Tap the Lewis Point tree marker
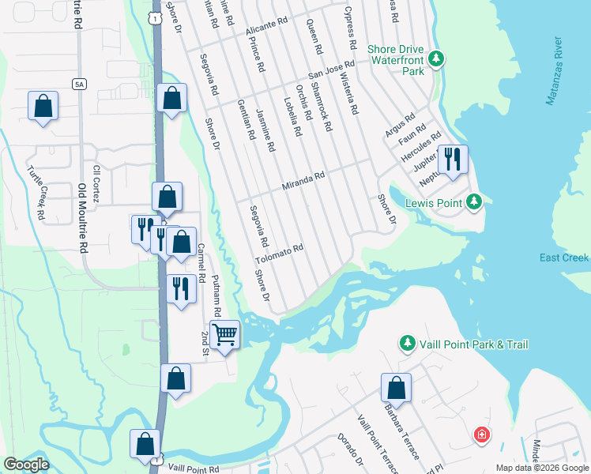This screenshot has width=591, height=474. pos(473,203)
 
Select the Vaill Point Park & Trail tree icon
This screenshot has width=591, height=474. pos(407,344)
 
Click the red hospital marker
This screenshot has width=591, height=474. pos(480,435)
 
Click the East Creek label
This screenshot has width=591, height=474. pos(564,258)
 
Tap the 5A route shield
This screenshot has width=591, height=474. pos(78,84)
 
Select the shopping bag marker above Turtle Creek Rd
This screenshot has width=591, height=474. pos(43,106)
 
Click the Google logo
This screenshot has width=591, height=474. pos(26,465)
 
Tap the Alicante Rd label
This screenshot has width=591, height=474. pos(267,27)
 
